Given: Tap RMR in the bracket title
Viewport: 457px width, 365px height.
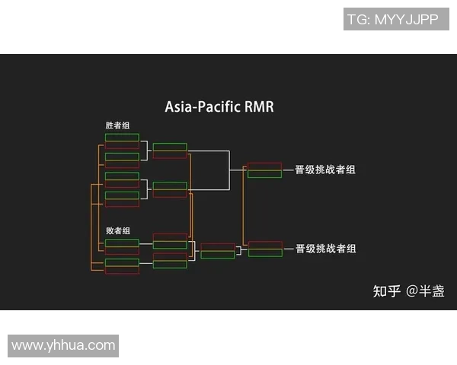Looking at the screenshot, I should (259, 107).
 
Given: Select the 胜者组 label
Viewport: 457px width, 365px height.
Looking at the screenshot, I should (117, 125).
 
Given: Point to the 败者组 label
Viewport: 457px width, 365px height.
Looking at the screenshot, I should (117, 230).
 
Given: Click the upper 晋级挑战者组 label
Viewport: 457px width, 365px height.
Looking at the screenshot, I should (325, 170).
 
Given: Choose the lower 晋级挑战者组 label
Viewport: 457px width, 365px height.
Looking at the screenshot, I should (325, 249).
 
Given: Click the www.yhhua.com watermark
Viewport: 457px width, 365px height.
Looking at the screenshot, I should (63, 345).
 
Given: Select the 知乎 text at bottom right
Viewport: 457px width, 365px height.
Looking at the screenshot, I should (385, 291).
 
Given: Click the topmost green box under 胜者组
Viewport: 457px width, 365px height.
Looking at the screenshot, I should (122, 138).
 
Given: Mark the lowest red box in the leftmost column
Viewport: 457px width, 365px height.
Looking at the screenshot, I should (122, 271).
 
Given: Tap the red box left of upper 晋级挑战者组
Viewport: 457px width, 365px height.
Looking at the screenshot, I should (264, 166).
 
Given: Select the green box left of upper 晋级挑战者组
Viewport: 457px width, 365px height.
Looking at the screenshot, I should (264, 174).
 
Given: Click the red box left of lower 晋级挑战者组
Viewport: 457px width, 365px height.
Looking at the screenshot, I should (264, 245).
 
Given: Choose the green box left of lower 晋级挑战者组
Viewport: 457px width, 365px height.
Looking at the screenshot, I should (264, 253).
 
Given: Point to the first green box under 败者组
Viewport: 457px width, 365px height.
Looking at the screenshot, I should (122, 243).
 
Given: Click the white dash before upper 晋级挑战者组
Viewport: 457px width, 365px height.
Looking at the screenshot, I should (288, 170).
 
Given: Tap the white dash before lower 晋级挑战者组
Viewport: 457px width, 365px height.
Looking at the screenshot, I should (288, 249).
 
